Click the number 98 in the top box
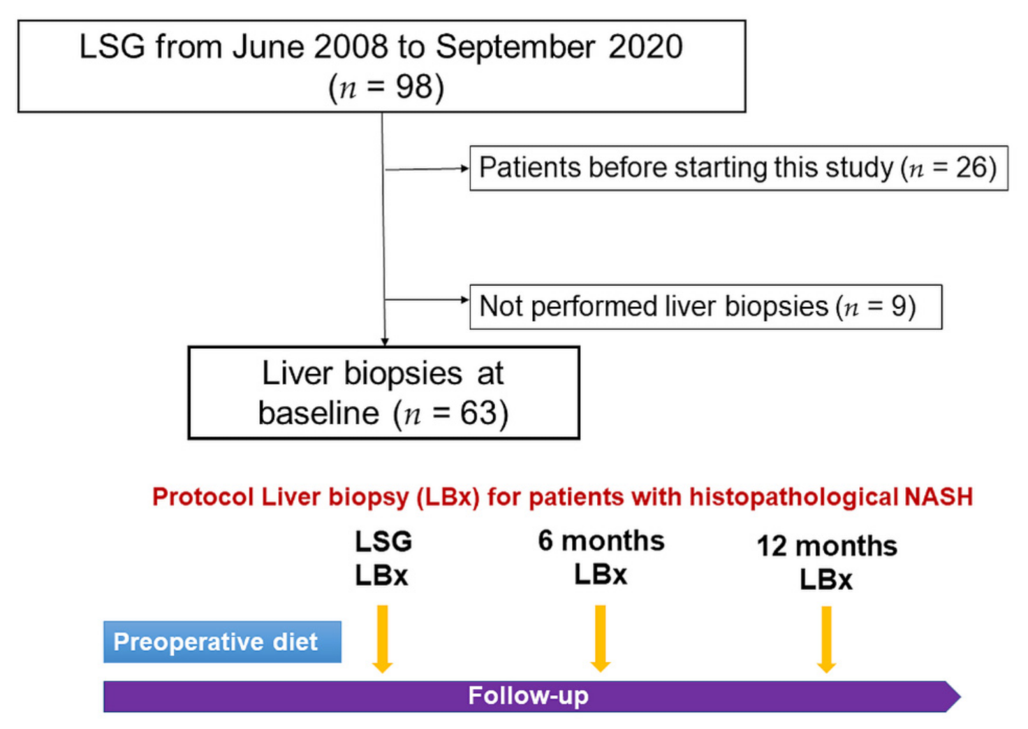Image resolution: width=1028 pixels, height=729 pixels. point(413,87)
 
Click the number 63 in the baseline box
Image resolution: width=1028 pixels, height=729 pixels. point(478,413)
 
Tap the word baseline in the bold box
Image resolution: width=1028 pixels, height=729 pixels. point(318,413)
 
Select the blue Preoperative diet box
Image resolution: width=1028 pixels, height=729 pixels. point(222,642)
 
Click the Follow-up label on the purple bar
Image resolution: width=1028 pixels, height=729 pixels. point(528,696)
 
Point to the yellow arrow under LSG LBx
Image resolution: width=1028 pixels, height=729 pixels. point(382,638)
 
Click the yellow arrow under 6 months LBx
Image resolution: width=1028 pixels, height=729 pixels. point(600,638)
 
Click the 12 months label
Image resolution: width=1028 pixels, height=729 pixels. point(827,546)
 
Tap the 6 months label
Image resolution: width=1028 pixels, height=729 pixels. point(601,541)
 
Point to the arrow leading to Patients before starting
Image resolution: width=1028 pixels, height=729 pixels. point(427,168)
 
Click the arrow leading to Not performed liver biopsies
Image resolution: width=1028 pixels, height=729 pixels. point(427,300)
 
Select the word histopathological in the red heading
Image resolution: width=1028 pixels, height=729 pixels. point(793,497)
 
